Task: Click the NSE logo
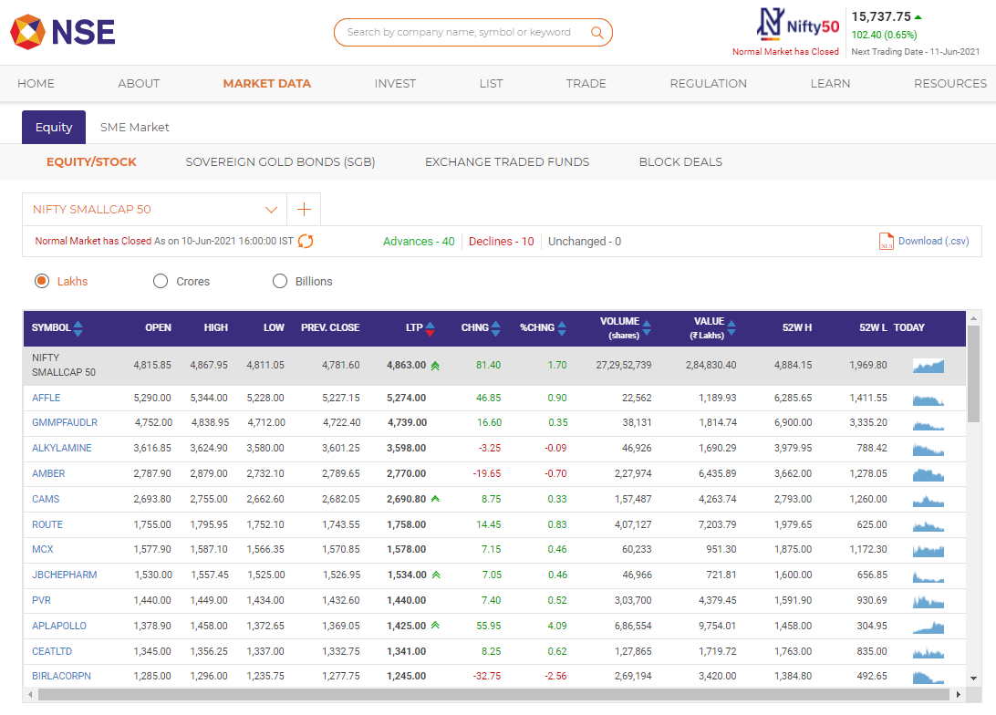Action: (x=62, y=33)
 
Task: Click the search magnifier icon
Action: (x=597, y=33)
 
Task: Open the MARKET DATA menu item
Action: (x=266, y=83)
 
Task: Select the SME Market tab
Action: (x=134, y=127)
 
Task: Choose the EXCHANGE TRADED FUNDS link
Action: (x=507, y=162)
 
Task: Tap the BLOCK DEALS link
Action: (x=680, y=162)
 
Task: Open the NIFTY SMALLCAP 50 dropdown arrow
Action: (x=271, y=210)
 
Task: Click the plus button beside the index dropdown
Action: (x=304, y=210)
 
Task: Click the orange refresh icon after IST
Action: (x=306, y=242)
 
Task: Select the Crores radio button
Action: (x=161, y=281)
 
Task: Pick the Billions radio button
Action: (x=280, y=281)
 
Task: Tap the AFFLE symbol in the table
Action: (x=46, y=398)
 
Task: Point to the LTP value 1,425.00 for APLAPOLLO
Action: (x=406, y=626)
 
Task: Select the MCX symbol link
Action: (x=43, y=550)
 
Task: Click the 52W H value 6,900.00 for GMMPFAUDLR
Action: (x=794, y=423)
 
